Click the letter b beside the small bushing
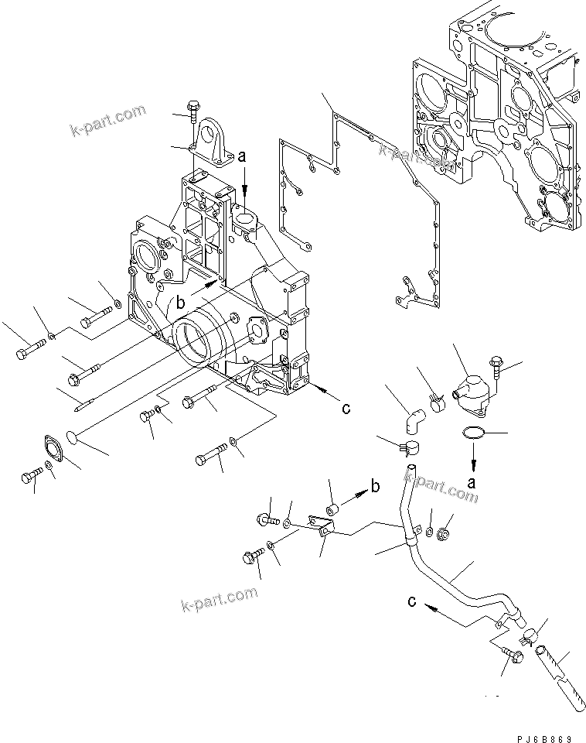(375, 486)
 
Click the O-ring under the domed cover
(474, 434)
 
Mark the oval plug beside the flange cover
(72, 437)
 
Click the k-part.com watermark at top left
(108, 119)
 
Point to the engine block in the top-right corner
(503, 116)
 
